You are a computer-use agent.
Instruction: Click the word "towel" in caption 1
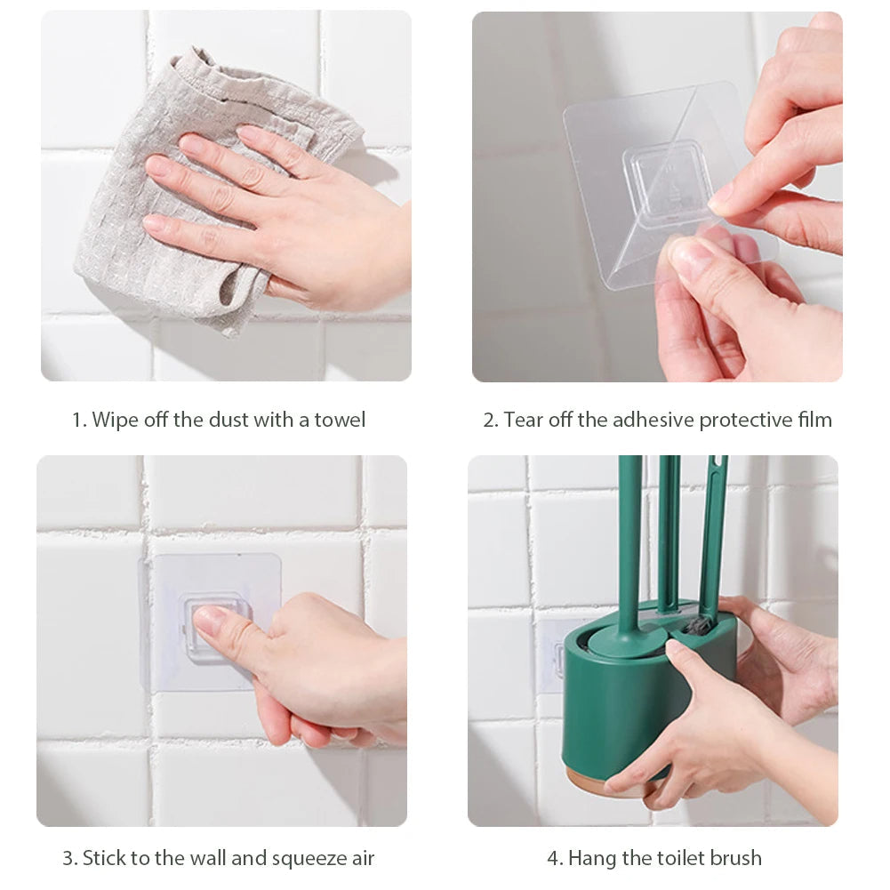(340, 420)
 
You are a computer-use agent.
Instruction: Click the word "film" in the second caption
(814, 420)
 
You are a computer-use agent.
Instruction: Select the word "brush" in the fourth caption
(734, 858)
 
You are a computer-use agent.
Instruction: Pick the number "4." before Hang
(554, 858)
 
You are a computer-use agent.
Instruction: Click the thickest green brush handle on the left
(629, 533)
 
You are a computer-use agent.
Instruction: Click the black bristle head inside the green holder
(698, 624)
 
